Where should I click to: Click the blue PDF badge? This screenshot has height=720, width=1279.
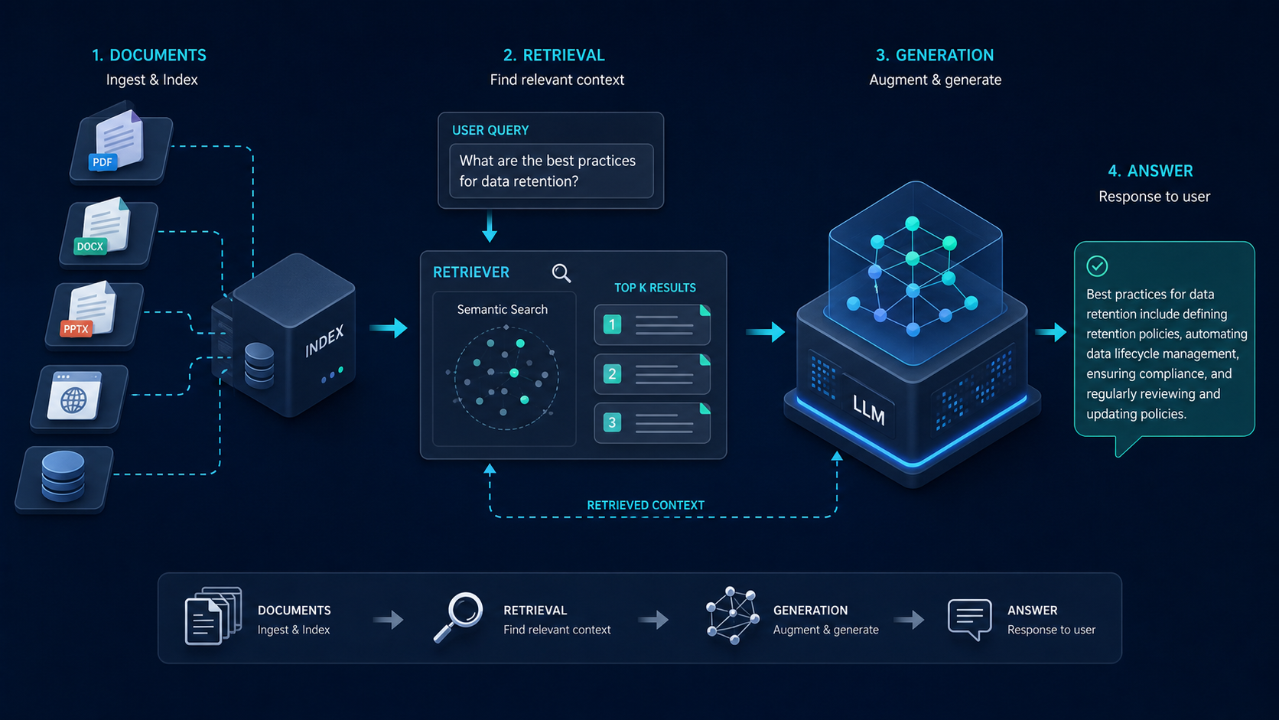click(x=103, y=162)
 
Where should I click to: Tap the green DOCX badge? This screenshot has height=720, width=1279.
click(x=90, y=246)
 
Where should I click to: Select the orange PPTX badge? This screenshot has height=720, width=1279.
click(x=76, y=329)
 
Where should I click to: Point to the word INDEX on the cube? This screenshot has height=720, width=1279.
click(x=324, y=341)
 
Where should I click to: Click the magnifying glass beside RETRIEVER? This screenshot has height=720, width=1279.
click(x=561, y=273)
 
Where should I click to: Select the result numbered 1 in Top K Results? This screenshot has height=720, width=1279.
click(x=652, y=325)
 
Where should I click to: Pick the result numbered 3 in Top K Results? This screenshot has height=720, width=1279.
click(x=652, y=423)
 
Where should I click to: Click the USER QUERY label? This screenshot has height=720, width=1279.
click(x=490, y=130)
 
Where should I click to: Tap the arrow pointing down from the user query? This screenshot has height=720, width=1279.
click(x=490, y=226)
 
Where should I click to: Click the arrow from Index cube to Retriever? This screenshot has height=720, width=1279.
click(x=389, y=327)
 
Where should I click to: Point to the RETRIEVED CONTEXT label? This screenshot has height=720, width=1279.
click(x=646, y=505)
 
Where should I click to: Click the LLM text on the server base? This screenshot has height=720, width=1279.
click(x=869, y=409)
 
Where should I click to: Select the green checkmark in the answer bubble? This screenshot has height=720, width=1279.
click(x=1097, y=266)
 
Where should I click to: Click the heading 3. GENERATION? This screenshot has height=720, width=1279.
click(x=935, y=55)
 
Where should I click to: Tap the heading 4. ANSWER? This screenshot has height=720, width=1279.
click(x=1150, y=171)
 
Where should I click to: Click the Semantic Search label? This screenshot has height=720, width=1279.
click(x=503, y=309)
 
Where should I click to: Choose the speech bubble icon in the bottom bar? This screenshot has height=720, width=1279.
click(x=969, y=620)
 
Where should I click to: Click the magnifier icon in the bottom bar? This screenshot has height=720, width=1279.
click(x=458, y=617)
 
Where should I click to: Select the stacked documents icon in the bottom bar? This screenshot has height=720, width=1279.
click(x=213, y=616)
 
